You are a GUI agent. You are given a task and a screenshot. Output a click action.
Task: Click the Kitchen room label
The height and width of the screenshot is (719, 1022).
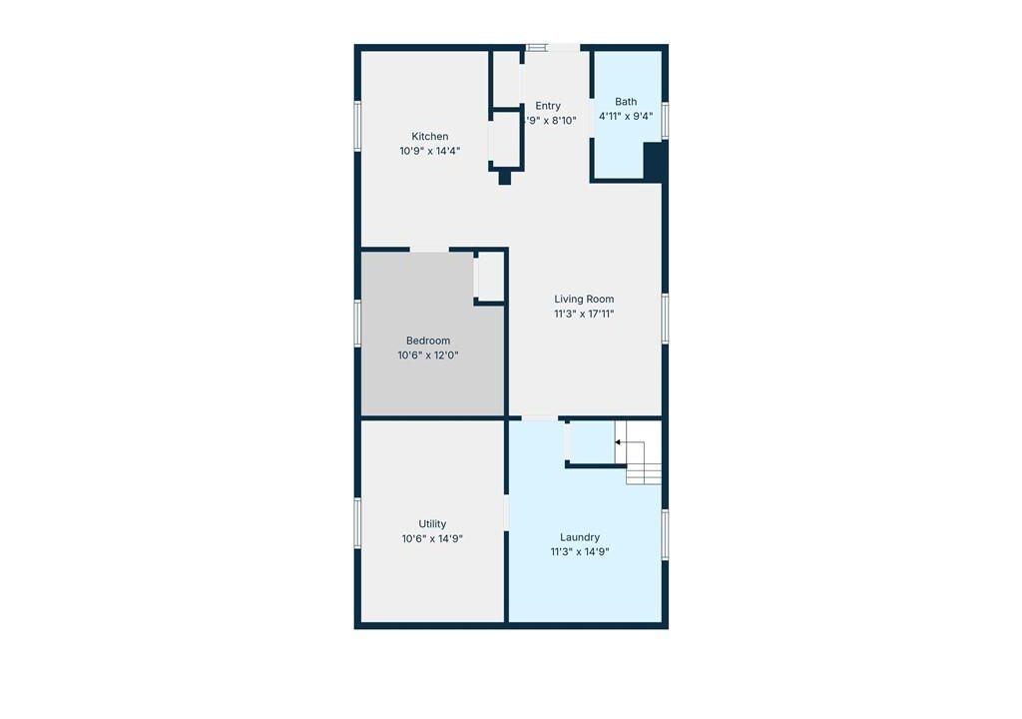click(429, 137)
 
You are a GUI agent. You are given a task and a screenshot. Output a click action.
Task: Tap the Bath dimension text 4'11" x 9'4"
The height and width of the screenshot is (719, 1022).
click(626, 117)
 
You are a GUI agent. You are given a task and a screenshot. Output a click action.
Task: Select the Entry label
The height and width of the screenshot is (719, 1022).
click(548, 106)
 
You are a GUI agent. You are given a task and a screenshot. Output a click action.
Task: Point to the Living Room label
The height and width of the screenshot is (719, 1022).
click(584, 299)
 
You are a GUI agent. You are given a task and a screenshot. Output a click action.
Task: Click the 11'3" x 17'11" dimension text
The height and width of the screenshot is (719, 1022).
click(584, 314)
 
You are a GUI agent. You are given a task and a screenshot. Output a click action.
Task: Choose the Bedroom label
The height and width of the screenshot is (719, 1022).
click(428, 341)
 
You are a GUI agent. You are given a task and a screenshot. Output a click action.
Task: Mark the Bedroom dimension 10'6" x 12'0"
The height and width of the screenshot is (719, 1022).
click(428, 356)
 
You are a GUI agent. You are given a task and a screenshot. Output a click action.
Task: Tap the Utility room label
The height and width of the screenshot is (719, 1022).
click(432, 524)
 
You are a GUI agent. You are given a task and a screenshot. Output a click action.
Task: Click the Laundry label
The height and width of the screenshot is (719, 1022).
click(580, 537)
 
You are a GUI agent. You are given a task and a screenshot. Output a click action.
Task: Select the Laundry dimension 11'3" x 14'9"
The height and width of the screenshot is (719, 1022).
click(580, 552)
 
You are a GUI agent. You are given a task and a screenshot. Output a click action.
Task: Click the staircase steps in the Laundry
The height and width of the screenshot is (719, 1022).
click(642, 452)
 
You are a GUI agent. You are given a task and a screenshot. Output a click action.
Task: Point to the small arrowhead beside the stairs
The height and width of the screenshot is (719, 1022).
click(617, 442)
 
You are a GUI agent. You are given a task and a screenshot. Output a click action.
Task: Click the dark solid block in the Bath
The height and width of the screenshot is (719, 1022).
click(653, 161)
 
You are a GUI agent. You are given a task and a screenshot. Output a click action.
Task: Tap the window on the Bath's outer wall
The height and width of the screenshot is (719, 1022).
click(665, 120)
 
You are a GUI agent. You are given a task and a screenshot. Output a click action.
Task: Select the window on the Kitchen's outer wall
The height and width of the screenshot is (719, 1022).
click(357, 126)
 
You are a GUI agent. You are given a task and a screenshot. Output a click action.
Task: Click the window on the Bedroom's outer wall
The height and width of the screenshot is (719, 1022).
click(357, 323)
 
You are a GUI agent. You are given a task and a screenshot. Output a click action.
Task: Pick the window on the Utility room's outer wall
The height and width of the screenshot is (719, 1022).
click(357, 522)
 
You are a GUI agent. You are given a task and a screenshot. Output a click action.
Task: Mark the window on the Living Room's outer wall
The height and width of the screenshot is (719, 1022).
click(665, 319)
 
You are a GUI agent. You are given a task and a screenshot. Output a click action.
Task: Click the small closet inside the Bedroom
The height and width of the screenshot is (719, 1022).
click(490, 277)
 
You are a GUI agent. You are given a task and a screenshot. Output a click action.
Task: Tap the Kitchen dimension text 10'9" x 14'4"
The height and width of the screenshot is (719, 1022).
click(429, 151)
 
